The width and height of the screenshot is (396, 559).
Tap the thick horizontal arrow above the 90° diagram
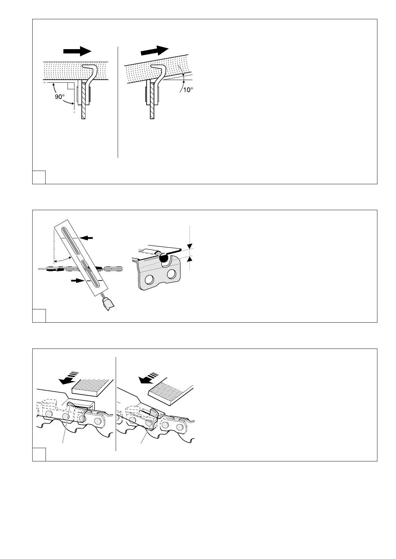click(77, 51)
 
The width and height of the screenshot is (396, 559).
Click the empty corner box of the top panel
click(39, 177)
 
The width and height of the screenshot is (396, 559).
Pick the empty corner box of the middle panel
click(39, 316)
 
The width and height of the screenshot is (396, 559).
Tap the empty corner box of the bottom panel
click(39, 454)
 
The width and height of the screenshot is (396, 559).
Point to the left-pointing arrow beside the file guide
click(87, 238)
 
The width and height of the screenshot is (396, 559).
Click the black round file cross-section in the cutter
click(164, 258)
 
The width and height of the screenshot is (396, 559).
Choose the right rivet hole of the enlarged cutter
click(172, 274)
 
